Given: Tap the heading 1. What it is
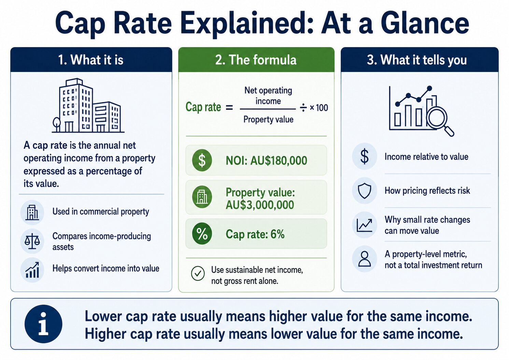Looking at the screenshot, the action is pyautogui.click(x=91, y=60).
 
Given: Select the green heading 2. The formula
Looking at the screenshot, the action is pyautogui.click(x=256, y=60).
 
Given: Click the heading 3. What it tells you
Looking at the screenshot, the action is pyautogui.click(x=417, y=60).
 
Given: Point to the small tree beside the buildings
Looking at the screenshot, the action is pyautogui.click(x=57, y=124).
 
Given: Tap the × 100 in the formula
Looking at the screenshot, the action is pyautogui.click(x=319, y=108).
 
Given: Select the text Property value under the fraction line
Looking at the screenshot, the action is pyautogui.click(x=268, y=119).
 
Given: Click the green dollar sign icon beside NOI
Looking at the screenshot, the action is pyautogui.click(x=202, y=160).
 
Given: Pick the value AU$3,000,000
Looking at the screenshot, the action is pyautogui.click(x=260, y=205).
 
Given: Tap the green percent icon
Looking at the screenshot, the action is pyautogui.click(x=202, y=234).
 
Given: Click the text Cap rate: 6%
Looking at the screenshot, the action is pyautogui.click(x=255, y=234).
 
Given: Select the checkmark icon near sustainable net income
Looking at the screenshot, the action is pyautogui.click(x=198, y=274).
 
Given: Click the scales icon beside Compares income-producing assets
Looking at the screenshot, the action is pyautogui.click(x=32, y=241).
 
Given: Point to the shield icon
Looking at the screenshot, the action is pyautogui.click(x=365, y=191).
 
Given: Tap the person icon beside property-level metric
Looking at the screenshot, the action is pyautogui.click(x=365, y=259).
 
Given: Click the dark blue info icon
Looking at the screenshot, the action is pyautogui.click(x=43, y=324).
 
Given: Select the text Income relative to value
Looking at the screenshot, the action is pyautogui.click(x=426, y=157).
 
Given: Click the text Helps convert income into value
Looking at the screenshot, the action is pyautogui.click(x=106, y=269).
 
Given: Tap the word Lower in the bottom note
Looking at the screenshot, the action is pyautogui.click(x=103, y=316).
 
